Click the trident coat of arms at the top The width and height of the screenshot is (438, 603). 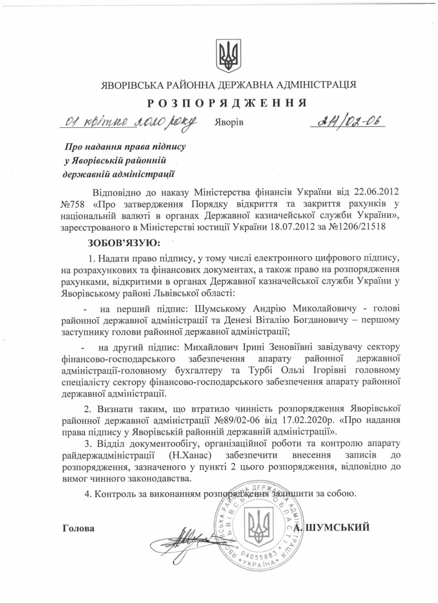point(225,54)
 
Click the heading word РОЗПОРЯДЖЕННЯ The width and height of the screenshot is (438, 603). point(227,102)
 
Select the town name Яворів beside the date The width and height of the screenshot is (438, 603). point(228,122)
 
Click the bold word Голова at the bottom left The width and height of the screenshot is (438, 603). point(78,528)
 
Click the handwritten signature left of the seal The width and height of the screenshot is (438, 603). point(180,535)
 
